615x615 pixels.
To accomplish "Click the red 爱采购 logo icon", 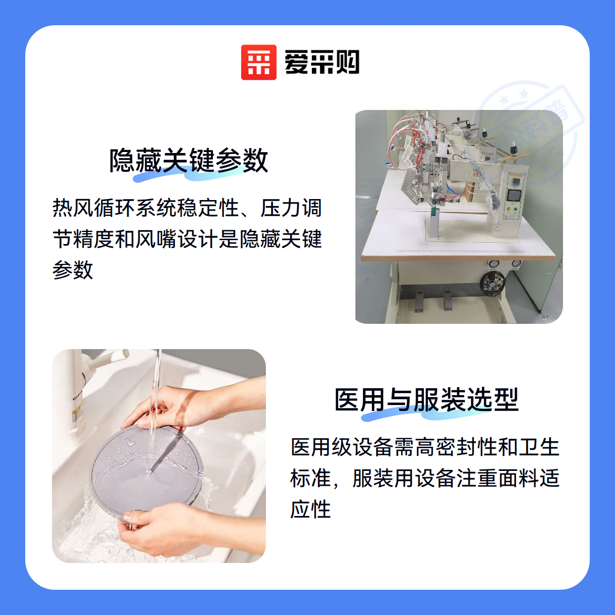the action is (258, 62).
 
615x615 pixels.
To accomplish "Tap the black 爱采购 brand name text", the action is (322, 62).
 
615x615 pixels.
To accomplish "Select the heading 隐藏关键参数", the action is (189, 160).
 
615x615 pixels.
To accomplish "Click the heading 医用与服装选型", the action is (426, 400).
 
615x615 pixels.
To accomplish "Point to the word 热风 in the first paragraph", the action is (73, 208).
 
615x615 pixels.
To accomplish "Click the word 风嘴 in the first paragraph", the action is (156, 239).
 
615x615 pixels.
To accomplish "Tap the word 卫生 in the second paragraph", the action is (539, 447).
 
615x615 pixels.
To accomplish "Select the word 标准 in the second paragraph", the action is (311, 478).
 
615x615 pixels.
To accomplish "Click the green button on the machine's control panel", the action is (516, 209).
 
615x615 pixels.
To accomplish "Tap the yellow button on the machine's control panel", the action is (508, 209).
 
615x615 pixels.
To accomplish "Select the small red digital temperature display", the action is (513, 182).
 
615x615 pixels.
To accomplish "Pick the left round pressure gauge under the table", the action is (493, 263).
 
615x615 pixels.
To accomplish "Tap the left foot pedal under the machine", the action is (419, 301).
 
